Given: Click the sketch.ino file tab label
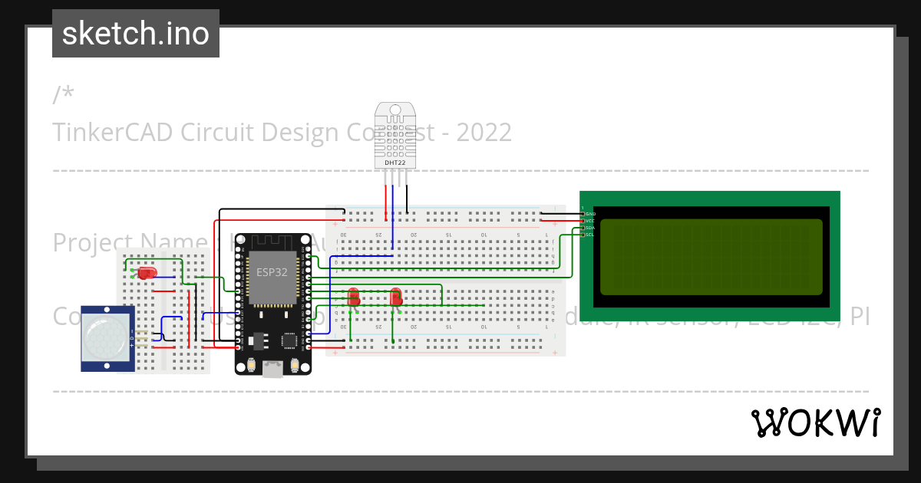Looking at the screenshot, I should (x=136, y=34).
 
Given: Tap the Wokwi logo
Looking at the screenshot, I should (x=815, y=422).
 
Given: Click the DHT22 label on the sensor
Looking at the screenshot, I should (x=395, y=163).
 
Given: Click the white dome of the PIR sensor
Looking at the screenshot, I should (x=107, y=338).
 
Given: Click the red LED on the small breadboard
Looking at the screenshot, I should (x=146, y=272).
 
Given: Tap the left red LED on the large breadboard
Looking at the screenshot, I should (x=354, y=296).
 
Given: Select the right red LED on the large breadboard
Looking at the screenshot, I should (x=396, y=296).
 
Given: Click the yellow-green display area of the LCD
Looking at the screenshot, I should (x=710, y=257).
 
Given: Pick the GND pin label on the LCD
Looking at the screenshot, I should (x=591, y=214).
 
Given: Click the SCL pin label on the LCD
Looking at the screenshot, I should (x=590, y=235).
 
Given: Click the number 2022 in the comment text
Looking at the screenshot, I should (x=484, y=133).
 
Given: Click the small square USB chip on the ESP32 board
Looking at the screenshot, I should (x=289, y=340).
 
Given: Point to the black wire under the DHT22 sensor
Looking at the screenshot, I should (x=408, y=198).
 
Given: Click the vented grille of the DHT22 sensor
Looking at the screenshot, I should (x=395, y=139).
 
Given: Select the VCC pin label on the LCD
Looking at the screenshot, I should (x=590, y=221).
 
